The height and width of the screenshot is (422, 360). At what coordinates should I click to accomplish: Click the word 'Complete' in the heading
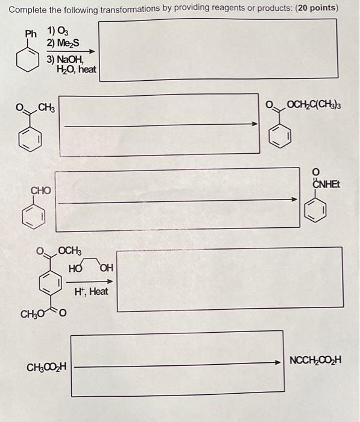pos(28,9)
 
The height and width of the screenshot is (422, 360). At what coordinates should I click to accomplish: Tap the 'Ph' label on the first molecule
pos(31,34)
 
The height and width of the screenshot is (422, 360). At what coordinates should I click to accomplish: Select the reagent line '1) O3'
pos(58,31)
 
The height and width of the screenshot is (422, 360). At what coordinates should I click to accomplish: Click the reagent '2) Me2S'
pos(63,43)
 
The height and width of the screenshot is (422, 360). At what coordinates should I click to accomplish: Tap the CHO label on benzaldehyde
pos(41,191)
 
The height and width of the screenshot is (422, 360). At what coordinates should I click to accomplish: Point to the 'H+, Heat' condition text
pos(91,292)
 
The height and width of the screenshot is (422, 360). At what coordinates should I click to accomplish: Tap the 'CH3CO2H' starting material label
pos(47,366)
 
